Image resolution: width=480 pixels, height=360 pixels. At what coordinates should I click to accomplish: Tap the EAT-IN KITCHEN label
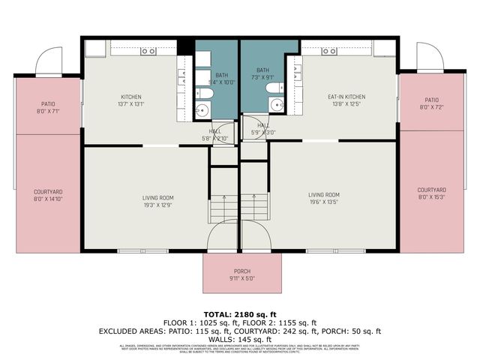346,97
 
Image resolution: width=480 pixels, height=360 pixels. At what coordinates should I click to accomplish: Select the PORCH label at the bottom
241,271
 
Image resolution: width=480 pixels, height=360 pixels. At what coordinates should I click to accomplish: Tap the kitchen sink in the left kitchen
148,51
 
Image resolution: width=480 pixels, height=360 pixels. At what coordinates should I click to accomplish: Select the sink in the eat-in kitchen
328,51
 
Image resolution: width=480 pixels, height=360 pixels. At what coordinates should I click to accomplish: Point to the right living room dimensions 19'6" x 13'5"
324,202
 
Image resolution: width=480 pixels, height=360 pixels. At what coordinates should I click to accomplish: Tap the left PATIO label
48,104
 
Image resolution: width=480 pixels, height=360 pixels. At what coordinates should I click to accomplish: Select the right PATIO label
431,100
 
